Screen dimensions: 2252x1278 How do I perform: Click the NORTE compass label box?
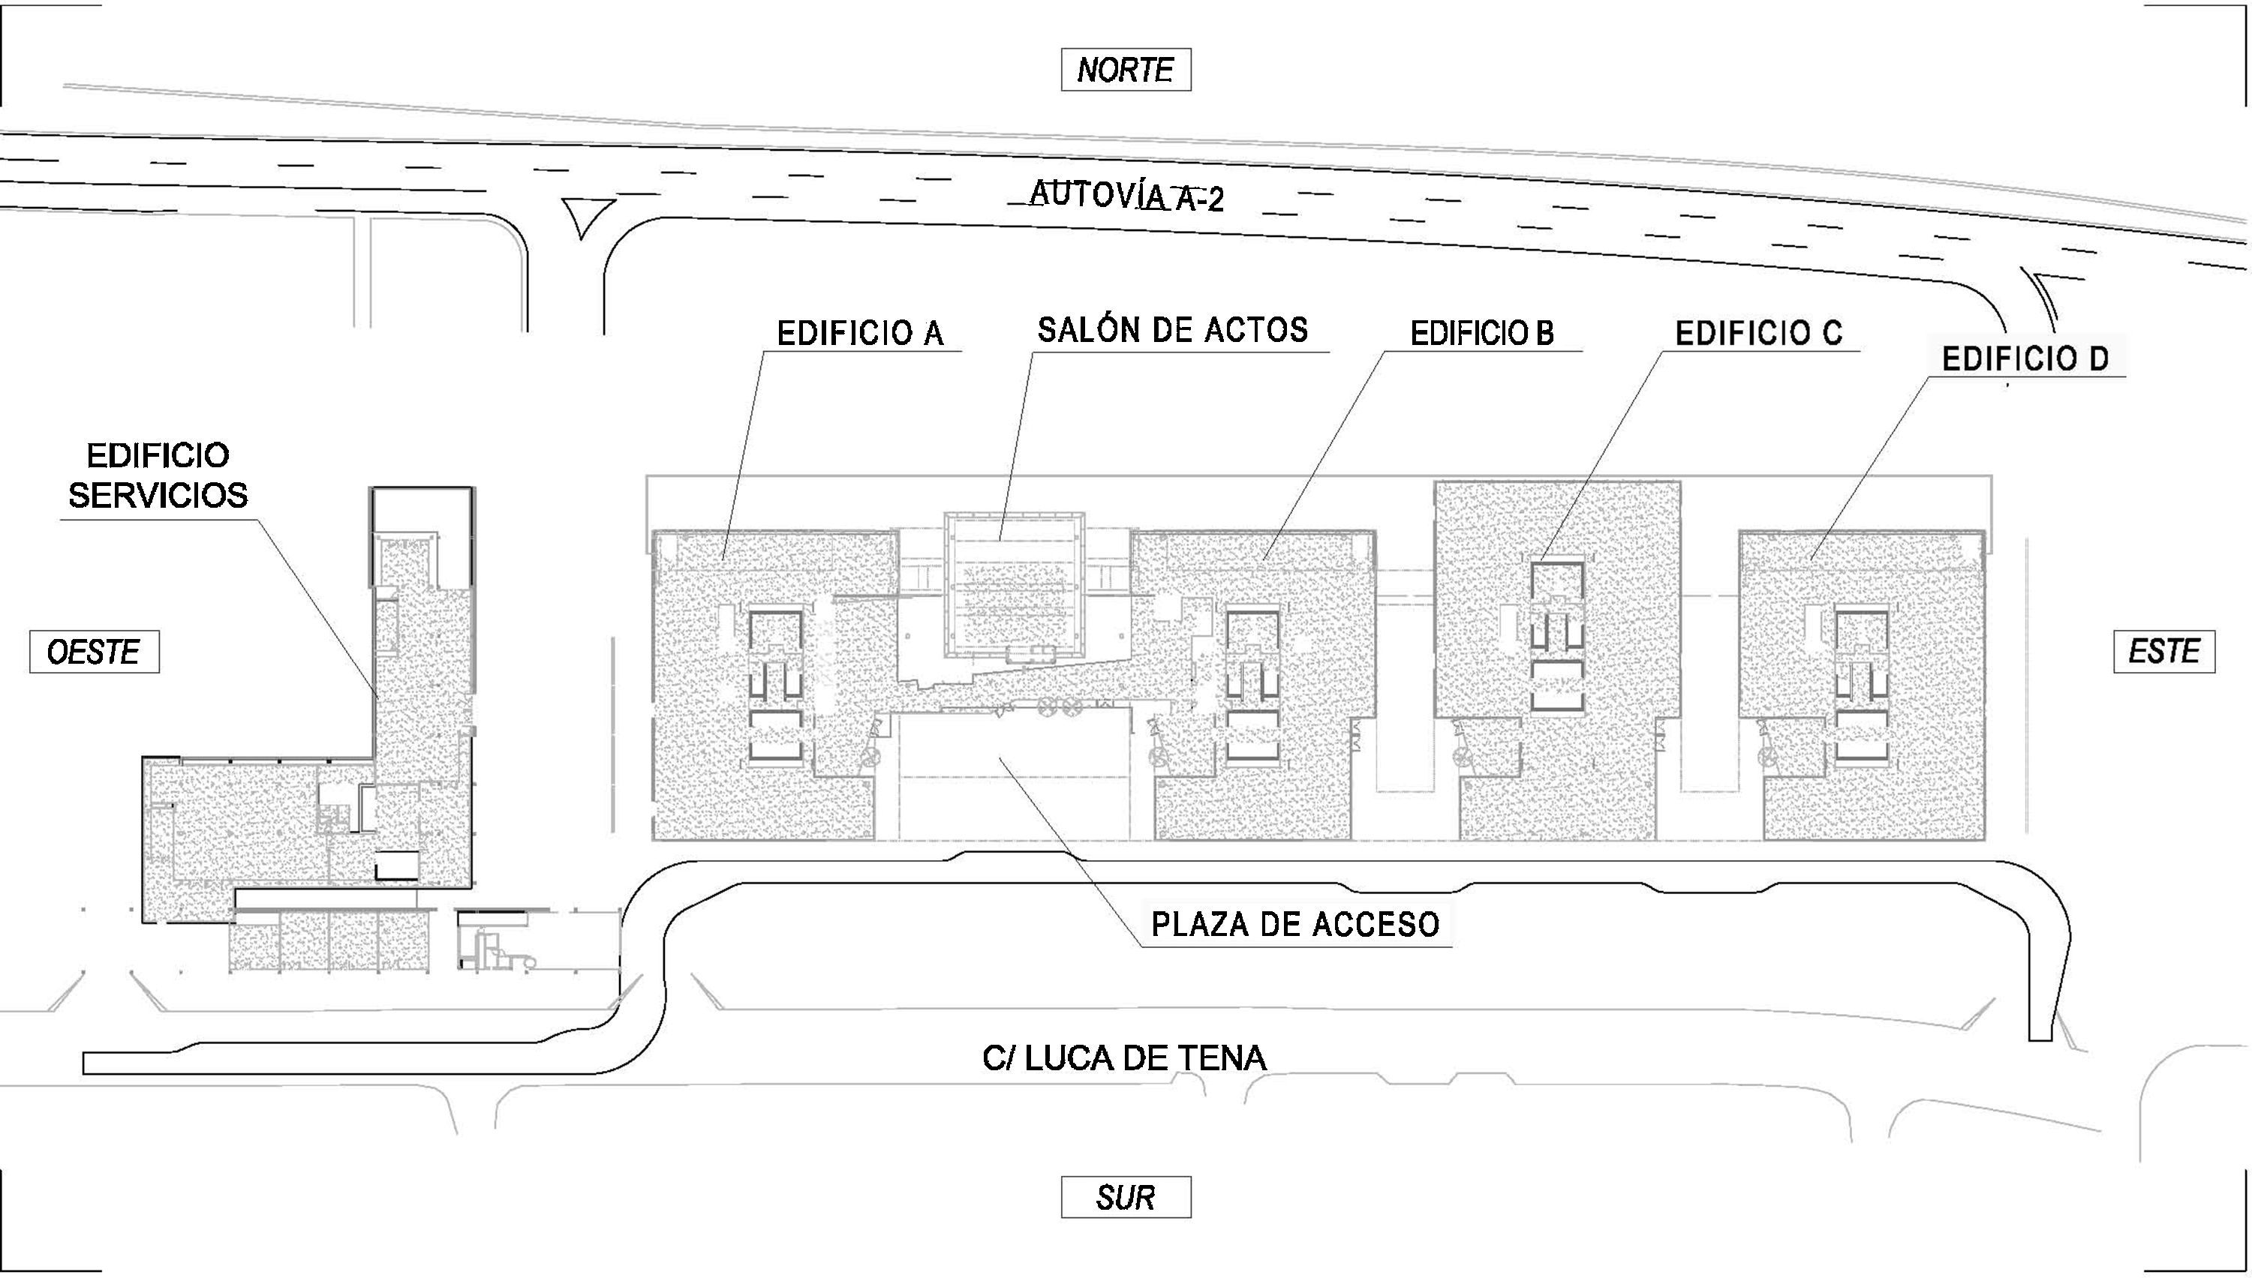(1125, 70)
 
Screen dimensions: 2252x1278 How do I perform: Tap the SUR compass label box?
(1125, 1197)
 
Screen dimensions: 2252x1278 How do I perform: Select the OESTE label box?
(94, 652)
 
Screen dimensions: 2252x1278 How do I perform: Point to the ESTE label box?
(2163, 651)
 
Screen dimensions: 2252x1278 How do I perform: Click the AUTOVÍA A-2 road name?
(1126, 197)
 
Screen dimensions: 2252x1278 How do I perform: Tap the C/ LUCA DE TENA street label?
(1125, 1057)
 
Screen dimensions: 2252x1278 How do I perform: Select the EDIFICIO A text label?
(861, 334)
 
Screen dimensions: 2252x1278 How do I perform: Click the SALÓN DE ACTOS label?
(1172, 330)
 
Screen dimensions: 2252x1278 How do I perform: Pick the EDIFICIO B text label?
(1482, 334)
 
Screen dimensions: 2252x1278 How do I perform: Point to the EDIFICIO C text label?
(1758, 334)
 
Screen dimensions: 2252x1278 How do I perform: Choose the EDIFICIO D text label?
(2025, 360)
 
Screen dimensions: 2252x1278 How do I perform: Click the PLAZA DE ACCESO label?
(1295, 924)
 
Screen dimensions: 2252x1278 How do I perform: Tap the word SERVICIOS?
(158, 496)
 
